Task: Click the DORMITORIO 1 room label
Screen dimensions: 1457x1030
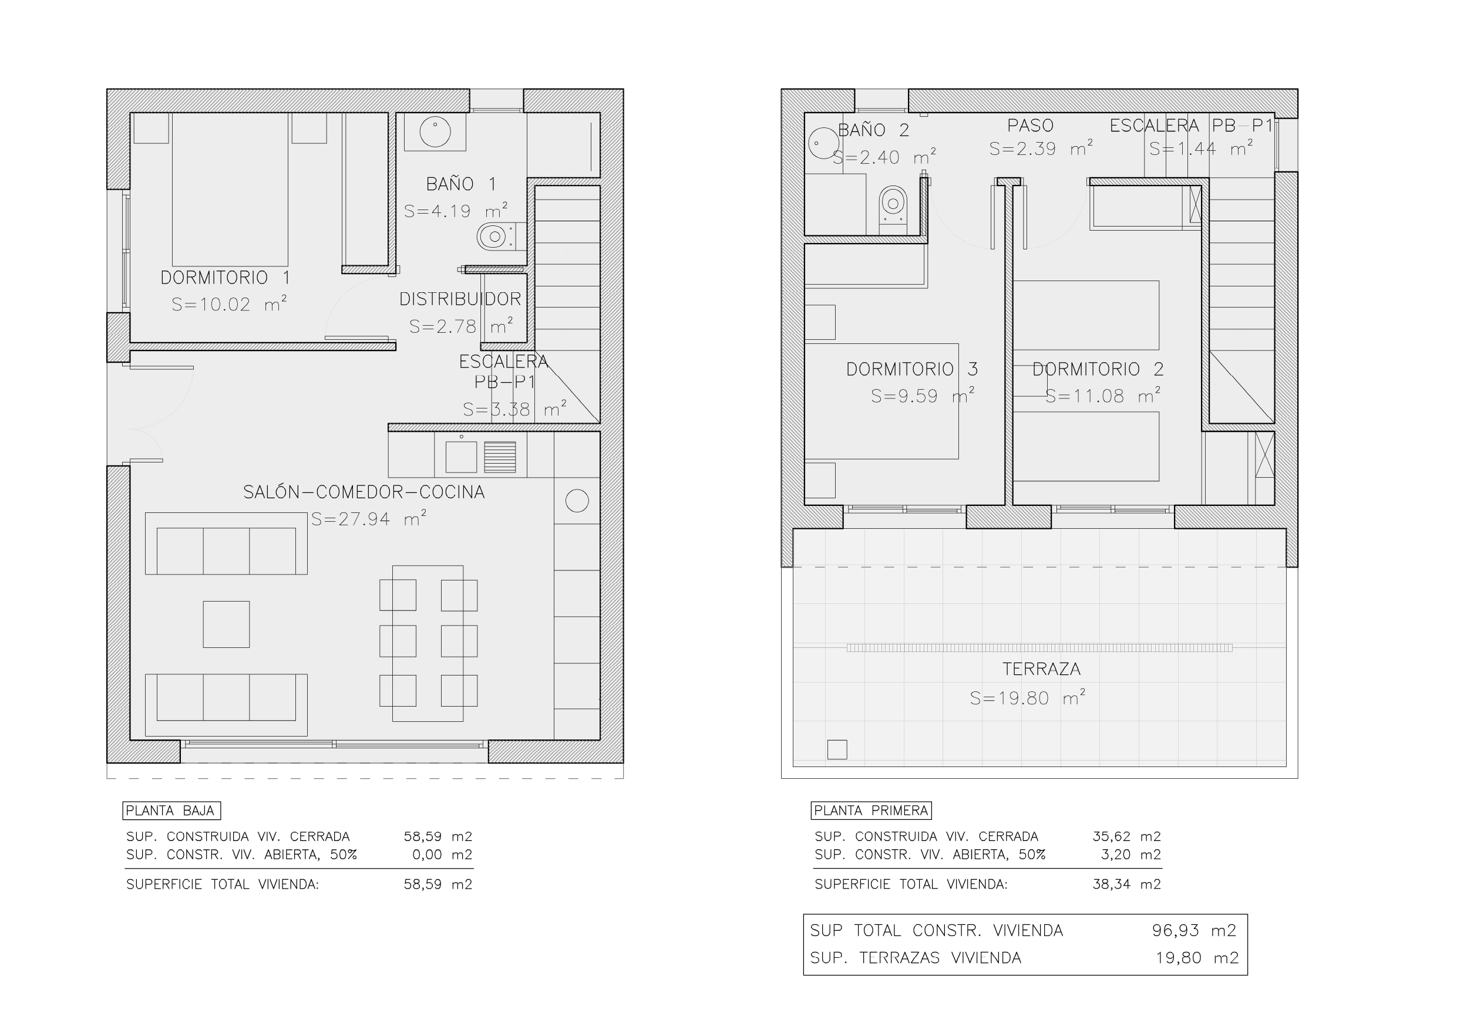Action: [226, 278]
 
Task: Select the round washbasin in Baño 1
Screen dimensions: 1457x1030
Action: [435, 133]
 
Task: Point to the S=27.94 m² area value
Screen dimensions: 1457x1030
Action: [369, 519]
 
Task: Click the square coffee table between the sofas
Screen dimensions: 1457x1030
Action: [226, 624]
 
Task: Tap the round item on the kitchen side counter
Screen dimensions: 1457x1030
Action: [577, 501]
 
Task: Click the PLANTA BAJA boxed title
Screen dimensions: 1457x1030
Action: [171, 811]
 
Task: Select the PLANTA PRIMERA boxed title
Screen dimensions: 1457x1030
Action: [871, 811]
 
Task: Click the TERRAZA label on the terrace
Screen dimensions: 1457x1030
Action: [1041, 669]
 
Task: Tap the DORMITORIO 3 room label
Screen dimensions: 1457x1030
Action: [912, 369]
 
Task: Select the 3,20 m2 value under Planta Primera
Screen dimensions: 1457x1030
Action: [1131, 855]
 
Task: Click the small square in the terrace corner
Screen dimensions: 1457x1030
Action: [837, 749]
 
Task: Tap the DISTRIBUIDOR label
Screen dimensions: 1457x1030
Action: [460, 299]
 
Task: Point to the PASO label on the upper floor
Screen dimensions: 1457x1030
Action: [1031, 126]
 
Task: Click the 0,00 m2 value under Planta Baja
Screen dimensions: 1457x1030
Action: [442, 855]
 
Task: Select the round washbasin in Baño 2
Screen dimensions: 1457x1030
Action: [824, 143]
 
